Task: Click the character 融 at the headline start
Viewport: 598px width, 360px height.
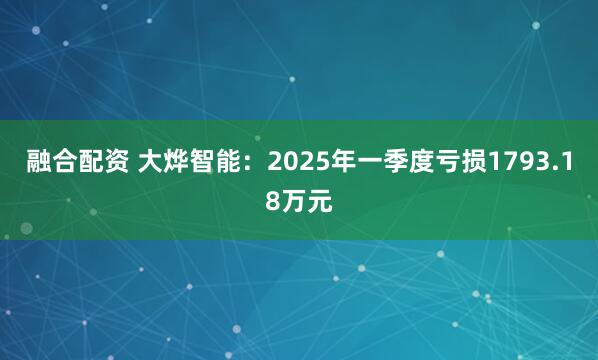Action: pyautogui.click(x=38, y=163)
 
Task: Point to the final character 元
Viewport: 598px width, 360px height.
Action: pyautogui.click(x=318, y=201)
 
